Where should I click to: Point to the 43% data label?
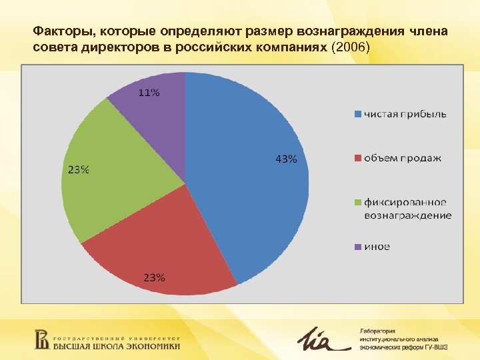click(286, 159)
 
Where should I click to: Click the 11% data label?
click(149, 93)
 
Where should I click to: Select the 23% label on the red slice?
click(154, 277)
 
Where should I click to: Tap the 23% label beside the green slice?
click(77, 169)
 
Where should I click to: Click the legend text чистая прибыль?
click(405, 114)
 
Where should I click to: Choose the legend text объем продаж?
click(402, 158)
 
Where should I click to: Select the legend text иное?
click(377, 247)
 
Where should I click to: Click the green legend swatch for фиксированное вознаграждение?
click(357, 202)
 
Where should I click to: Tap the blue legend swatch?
click(357, 114)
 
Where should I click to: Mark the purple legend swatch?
click(357, 247)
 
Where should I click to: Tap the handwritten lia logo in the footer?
click(321, 340)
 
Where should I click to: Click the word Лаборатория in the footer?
click(378, 331)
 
